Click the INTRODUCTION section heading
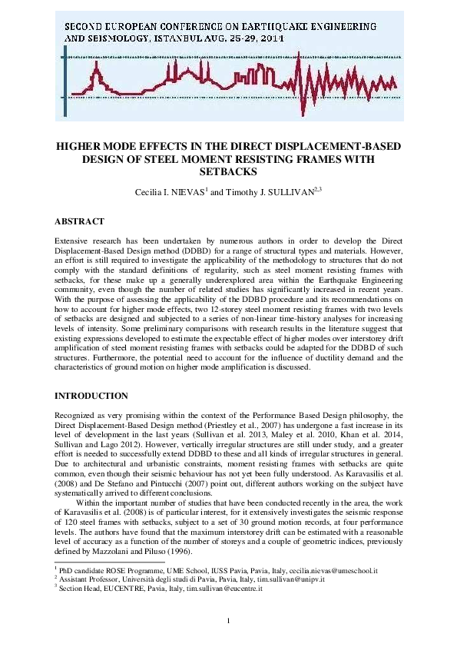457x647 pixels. [91, 395]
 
